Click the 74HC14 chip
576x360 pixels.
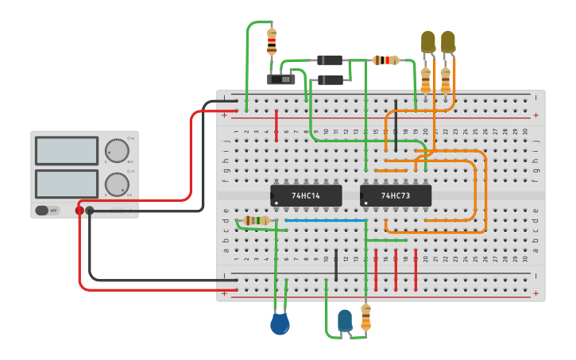coord(306,195)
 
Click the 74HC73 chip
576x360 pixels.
coord(396,195)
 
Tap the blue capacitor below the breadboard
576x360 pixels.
coord(280,324)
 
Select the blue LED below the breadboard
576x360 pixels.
coord(344,320)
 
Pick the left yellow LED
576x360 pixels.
coord(427,42)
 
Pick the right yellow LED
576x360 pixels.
coord(448,42)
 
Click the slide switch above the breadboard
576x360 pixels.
coord(280,79)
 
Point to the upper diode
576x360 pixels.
coord(330,60)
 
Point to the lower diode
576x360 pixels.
coord(330,79)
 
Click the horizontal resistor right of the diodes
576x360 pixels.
coord(385,60)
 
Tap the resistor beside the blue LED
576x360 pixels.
coord(365,316)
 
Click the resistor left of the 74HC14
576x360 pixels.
coord(256,220)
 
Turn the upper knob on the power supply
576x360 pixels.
coord(118,150)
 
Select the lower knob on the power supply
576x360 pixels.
coord(118,185)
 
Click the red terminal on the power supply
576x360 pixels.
coord(79,211)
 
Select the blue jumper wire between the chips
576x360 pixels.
coord(326,220)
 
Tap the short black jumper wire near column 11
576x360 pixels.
coord(336,265)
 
